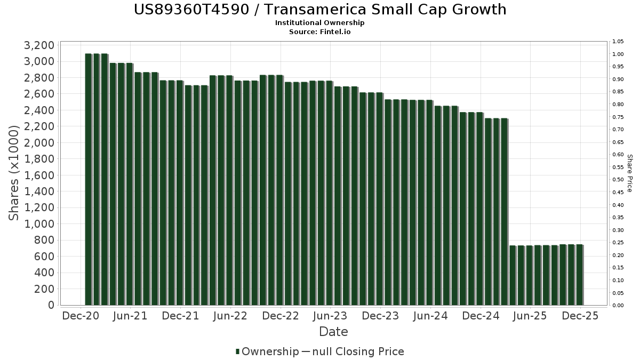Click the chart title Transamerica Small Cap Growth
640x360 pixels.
320,10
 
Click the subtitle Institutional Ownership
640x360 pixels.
320,23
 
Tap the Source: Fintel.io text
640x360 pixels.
320,31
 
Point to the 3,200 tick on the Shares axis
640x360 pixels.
39,45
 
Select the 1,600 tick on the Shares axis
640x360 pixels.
39,175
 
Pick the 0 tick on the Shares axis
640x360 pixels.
51,305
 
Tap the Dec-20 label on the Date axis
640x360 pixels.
81,316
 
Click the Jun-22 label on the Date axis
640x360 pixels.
230,316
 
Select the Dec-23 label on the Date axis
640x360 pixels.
380,316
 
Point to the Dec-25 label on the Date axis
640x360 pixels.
580,316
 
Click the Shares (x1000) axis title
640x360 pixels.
14,172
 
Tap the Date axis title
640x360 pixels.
333,332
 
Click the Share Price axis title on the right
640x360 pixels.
629,173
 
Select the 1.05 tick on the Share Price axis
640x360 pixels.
618,42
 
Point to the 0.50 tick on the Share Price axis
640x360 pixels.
618,180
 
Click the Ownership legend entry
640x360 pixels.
268,351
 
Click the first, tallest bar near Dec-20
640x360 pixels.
89,179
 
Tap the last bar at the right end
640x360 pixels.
579,275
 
